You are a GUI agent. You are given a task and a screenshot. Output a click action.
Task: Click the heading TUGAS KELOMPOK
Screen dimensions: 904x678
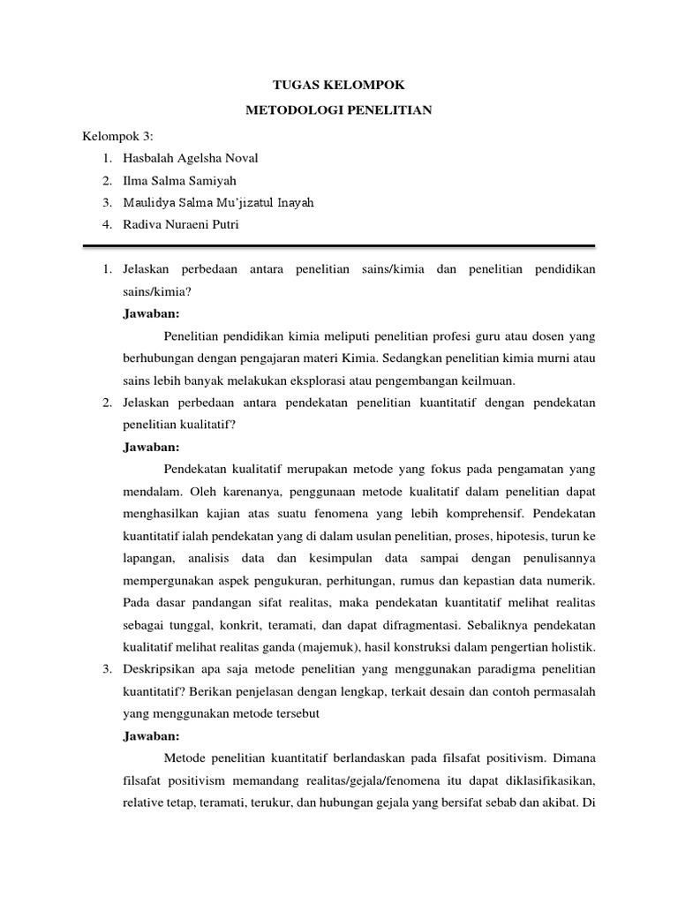(x=338, y=86)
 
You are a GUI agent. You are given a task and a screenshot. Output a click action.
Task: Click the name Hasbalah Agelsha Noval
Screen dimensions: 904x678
(x=191, y=158)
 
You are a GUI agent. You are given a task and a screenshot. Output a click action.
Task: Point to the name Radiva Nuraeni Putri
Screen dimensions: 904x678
(x=181, y=225)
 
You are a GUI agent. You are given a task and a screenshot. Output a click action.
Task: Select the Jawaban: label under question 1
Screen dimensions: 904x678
(x=151, y=313)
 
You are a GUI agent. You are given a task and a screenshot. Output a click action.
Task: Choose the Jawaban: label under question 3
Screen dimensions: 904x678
(x=151, y=735)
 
